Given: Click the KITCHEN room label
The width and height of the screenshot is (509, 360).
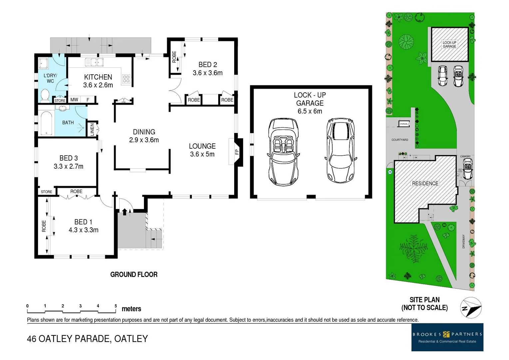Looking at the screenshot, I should point(98,77).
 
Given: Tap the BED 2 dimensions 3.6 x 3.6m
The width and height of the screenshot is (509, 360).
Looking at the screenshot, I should point(208,73).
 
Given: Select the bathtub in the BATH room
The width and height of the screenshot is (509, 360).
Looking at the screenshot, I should point(46,123).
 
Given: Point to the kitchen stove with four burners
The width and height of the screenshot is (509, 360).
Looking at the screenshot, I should point(126,79).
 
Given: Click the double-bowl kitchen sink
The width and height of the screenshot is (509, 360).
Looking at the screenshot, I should point(94,62).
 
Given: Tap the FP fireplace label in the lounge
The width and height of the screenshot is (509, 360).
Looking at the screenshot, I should point(237,152).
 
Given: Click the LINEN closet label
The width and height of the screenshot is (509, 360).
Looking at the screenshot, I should point(92,129).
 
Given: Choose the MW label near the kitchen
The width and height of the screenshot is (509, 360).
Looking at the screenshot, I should point(74,100).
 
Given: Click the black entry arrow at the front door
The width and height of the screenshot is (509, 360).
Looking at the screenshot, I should point(125,212).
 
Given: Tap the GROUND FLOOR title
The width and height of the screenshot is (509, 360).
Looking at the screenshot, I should point(134,275).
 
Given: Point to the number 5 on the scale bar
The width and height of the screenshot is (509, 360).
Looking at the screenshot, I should point(116,306).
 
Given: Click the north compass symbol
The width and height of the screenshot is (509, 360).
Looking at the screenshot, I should point(471,307).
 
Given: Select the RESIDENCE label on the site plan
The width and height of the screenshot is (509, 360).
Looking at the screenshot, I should point(425,183).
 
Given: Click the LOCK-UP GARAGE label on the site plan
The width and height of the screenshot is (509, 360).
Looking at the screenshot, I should point(449,44).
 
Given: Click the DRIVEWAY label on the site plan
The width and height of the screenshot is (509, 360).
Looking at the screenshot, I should point(463,241).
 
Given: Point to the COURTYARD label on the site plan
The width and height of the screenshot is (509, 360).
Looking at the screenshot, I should point(400,140).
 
